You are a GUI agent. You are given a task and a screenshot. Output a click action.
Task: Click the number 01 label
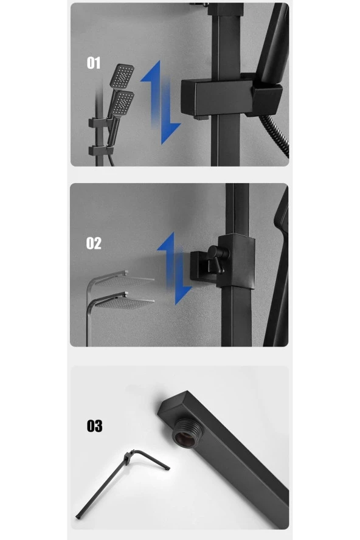[x=94, y=63]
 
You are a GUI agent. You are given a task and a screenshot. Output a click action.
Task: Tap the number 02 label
[x=94, y=243]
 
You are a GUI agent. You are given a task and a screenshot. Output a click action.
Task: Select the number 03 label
[x=94, y=426]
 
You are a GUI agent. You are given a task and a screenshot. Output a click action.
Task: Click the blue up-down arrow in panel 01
[x=161, y=102]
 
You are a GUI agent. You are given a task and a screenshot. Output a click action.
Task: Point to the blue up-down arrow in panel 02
[x=175, y=268]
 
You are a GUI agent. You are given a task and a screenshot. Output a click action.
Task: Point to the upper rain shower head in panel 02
[x=124, y=280]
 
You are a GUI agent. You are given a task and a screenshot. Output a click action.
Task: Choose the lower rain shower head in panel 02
[x=125, y=302]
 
